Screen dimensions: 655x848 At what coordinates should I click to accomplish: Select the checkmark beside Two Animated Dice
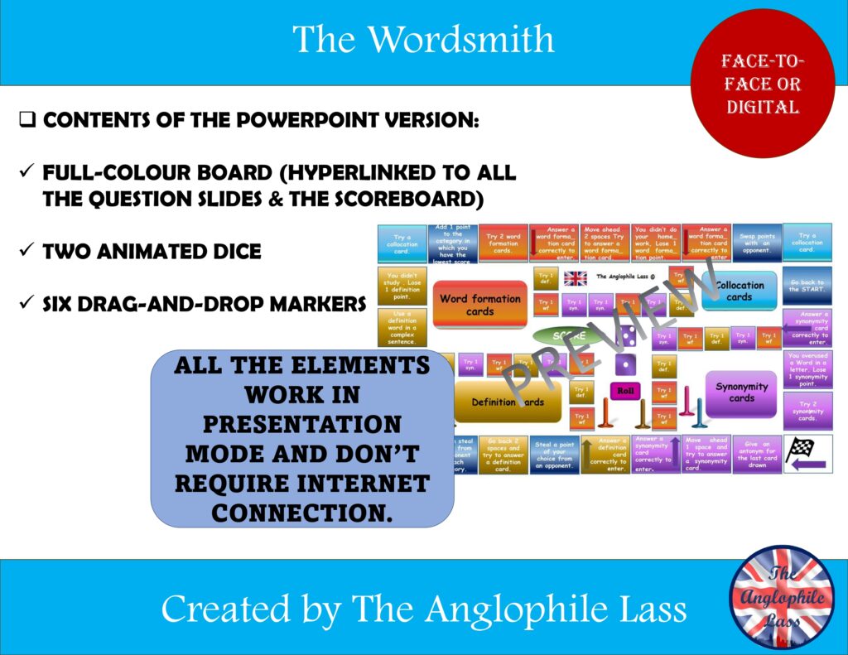pyautogui.click(x=26, y=251)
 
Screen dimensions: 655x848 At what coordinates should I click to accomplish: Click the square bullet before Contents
pyautogui.click(x=26, y=121)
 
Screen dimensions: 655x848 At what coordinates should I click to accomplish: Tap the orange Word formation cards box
pyautogui.click(x=479, y=305)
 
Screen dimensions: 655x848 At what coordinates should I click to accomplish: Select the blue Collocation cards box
pyautogui.click(x=739, y=291)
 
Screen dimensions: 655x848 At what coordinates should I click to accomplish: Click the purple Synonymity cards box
pyautogui.click(x=741, y=392)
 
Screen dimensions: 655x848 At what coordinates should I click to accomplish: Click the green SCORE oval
pyautogui.click(x=569, y=336)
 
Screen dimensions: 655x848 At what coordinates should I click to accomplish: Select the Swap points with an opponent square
pyautogui.click(x=755, y=242)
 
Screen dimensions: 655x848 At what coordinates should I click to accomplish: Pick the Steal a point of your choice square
pyautogui.click(x=554, y=455)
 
